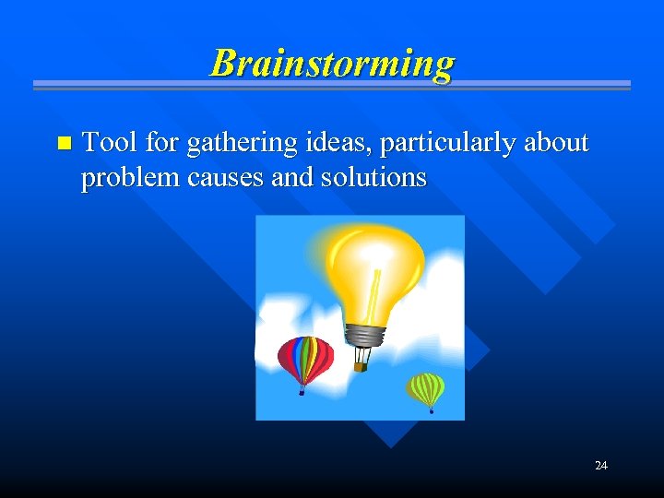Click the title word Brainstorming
332,63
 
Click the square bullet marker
63,143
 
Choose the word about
556,142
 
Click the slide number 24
600,466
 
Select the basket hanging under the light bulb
361,366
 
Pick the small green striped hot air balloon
426,387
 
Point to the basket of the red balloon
302,392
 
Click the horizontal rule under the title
332,86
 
